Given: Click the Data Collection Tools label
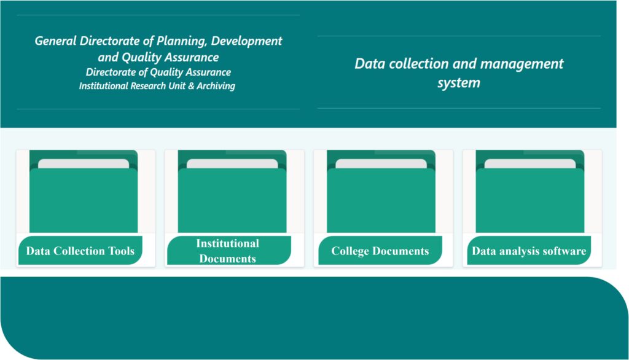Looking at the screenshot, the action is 80,251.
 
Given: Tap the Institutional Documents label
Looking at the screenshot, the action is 227,251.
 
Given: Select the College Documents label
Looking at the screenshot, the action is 380,251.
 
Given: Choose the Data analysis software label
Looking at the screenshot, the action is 529,251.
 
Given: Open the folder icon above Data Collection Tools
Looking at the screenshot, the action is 84,191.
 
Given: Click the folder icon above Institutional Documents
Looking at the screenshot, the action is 232,191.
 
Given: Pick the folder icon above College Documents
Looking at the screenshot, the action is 381,191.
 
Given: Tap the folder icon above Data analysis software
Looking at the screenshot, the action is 530,191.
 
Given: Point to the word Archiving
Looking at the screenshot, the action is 216,86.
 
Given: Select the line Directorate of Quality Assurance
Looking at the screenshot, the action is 158,72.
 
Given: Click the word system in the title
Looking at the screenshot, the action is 458,83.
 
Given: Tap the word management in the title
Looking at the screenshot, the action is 522,64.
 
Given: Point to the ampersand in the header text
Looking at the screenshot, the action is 191,86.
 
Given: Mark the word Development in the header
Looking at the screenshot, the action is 246,41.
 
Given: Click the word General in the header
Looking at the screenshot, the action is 55,41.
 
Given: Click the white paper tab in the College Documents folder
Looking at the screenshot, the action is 381,163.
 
